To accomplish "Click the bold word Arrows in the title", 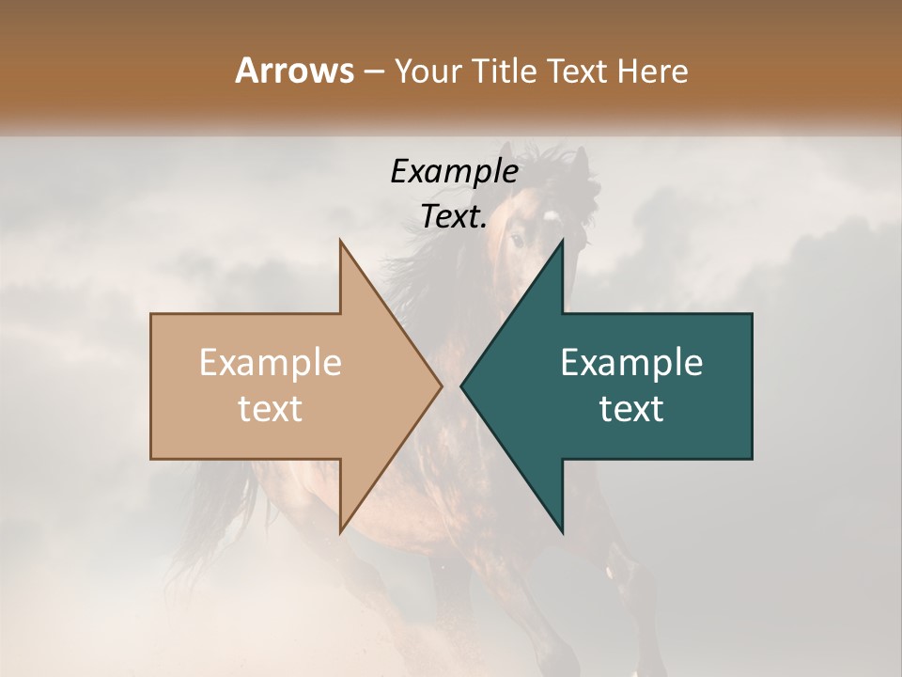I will (294, 71).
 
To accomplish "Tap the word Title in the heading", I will (505, 71).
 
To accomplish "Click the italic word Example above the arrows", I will (454, 171).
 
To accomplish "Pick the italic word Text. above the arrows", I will (454, 217).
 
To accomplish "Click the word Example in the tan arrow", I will (271, 363).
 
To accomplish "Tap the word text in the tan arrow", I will (271, 409).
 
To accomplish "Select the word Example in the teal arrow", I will (631, 363).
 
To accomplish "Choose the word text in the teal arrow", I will (631, 409).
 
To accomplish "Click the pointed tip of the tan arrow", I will (442, 386).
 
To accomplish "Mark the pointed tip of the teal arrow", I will (461, 386).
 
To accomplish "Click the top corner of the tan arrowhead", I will (340, 241).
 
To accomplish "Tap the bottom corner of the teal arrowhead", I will (562, 531).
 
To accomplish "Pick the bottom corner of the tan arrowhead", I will (340, 531).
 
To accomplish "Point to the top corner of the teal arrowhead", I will (562, 241).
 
